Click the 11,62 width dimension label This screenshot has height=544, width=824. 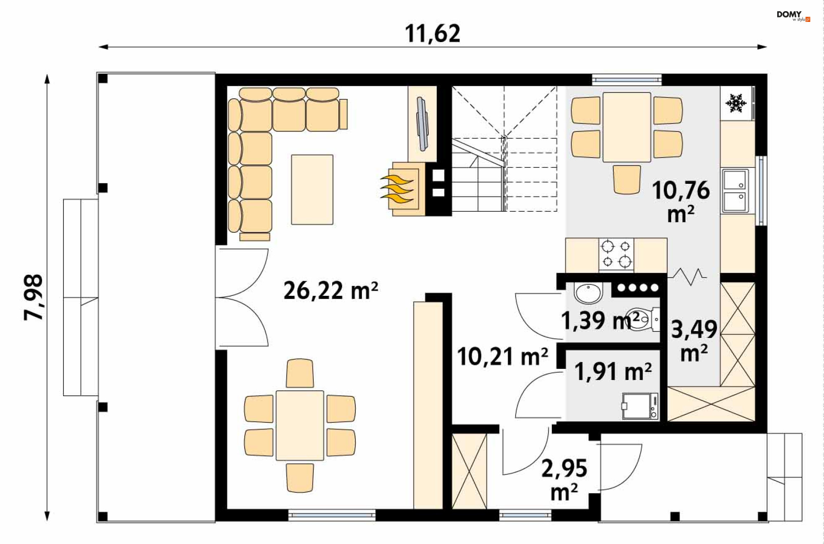(433, 33)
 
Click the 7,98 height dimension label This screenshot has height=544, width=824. (33, 297)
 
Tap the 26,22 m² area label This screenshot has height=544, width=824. (330, 290)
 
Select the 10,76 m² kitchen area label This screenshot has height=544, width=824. (681, 201)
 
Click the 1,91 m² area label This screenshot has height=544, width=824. (613, 371)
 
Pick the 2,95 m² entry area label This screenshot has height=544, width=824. (564, 480)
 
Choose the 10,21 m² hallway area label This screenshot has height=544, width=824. (503, 357)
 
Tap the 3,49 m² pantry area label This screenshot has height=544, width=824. (694, 341)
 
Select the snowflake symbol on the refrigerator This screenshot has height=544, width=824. (736, 103)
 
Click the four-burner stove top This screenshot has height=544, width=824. (616, 254)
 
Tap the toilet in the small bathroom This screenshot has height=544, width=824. (642, 319)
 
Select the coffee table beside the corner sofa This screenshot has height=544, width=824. (312, 189)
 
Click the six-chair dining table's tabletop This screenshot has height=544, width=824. (300, 425)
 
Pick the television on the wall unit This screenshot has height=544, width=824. (423, 124)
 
